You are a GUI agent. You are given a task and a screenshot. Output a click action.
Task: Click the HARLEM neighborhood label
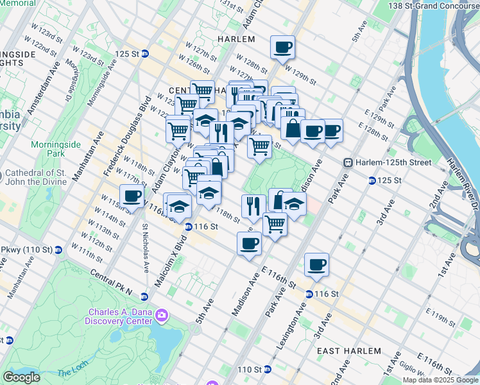[x=236, y=38]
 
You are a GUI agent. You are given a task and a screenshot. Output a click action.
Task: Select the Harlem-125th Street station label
[x=393, y=163]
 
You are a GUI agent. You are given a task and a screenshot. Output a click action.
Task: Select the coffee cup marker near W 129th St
[x=282, y=47]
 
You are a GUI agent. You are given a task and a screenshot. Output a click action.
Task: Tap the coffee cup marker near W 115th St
[x=132, y=196]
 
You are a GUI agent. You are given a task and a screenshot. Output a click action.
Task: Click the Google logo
[x=22, y=377]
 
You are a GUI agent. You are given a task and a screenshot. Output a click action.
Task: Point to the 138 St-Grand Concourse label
[x=433, y=5]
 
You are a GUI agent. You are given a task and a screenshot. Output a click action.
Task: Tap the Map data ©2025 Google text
[x=440, y=380]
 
